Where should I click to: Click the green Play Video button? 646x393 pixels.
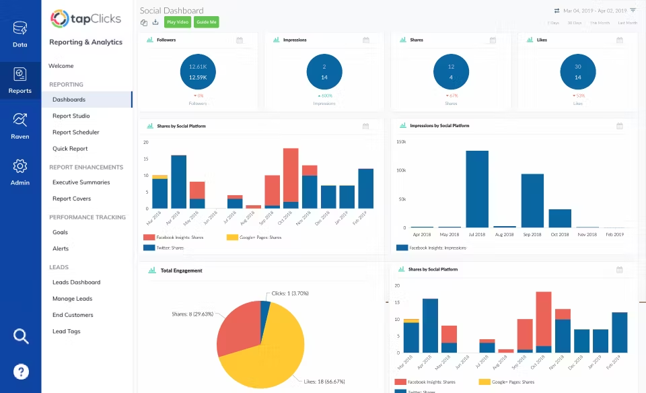(178, 22)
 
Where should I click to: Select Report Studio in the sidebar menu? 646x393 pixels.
(71, 116)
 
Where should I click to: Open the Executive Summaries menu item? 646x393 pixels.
(81, 182)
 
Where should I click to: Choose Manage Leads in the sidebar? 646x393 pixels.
(72, 299)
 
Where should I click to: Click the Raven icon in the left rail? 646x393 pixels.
(20, 125)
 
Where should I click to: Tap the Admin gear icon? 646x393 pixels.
(20, 171)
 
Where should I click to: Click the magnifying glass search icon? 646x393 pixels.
(21, 336)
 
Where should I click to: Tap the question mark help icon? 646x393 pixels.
(21, 371)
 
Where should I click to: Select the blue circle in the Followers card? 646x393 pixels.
(198, 72)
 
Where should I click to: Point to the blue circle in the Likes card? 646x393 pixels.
(577, 72)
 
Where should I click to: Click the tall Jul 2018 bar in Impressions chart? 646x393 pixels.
(477, 189)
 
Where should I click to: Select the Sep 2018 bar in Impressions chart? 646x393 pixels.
(532, 201)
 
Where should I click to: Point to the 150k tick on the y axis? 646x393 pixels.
(400, 142)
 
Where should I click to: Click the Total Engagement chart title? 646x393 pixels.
(181, 271)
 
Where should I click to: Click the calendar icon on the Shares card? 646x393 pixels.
(493, 40)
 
